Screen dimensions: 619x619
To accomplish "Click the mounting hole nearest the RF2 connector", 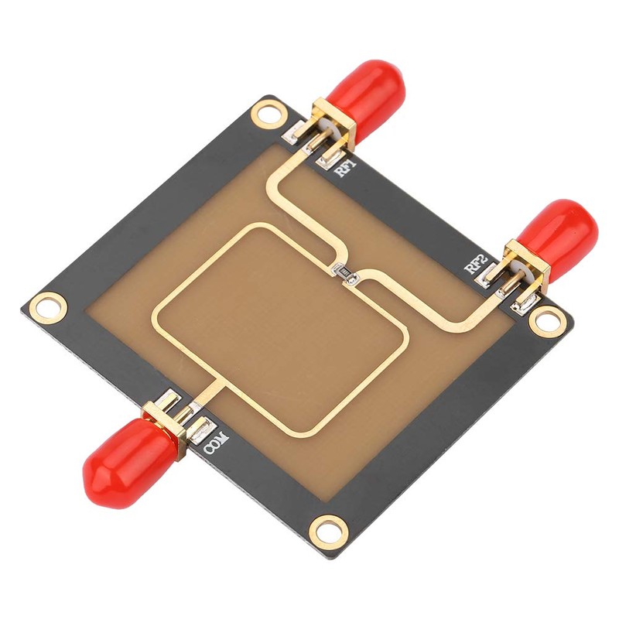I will pyautogui.click(x=548, y=319).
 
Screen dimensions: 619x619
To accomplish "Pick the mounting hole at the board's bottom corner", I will pyautogui.click(x=331, y=529).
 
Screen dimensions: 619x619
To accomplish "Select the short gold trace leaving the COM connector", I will pyautogui.click(x=210, y=391).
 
